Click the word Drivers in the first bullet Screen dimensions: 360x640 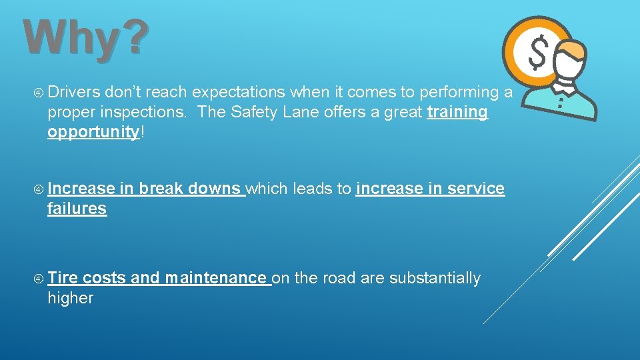(73, 92)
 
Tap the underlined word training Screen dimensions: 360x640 (457, 112)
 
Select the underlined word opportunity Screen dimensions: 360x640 (93, 132)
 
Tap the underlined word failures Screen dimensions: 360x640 (77, 209)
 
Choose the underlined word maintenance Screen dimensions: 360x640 (216, 278)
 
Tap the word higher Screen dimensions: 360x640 (70, 298)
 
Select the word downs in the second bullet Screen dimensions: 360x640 (215, 189)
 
